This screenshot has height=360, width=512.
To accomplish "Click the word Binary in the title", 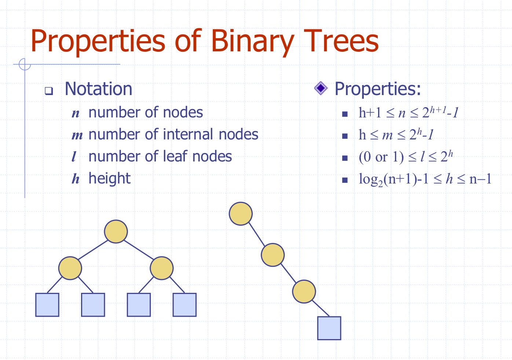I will [252, 41].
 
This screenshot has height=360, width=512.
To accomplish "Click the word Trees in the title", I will [341, 41].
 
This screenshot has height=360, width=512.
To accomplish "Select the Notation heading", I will [98, 89].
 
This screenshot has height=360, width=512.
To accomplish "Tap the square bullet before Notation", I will [48, 91].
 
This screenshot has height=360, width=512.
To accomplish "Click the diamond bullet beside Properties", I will [321, 88].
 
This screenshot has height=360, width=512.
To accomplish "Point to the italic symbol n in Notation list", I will [76, 113].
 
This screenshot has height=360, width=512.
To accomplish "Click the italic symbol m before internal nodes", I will [77, 135].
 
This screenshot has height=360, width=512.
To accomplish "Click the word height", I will [109, 179].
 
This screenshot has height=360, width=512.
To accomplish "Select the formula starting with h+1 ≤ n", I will [408, 113].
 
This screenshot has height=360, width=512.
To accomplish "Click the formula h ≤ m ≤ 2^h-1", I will [396, 135].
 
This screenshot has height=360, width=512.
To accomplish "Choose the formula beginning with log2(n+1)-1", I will [425, 179].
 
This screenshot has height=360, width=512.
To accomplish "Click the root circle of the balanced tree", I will [116, 232].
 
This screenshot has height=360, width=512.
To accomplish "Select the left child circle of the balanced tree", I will [70, 268].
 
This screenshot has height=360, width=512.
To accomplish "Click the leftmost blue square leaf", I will [47, 305].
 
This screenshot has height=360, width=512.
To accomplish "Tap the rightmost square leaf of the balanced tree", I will [184, 305].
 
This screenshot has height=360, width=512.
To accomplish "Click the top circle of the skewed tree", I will [241, 214].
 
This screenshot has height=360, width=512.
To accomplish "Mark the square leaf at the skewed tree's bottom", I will [329, 328].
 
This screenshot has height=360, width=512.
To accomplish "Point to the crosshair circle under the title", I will [25, 64].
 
